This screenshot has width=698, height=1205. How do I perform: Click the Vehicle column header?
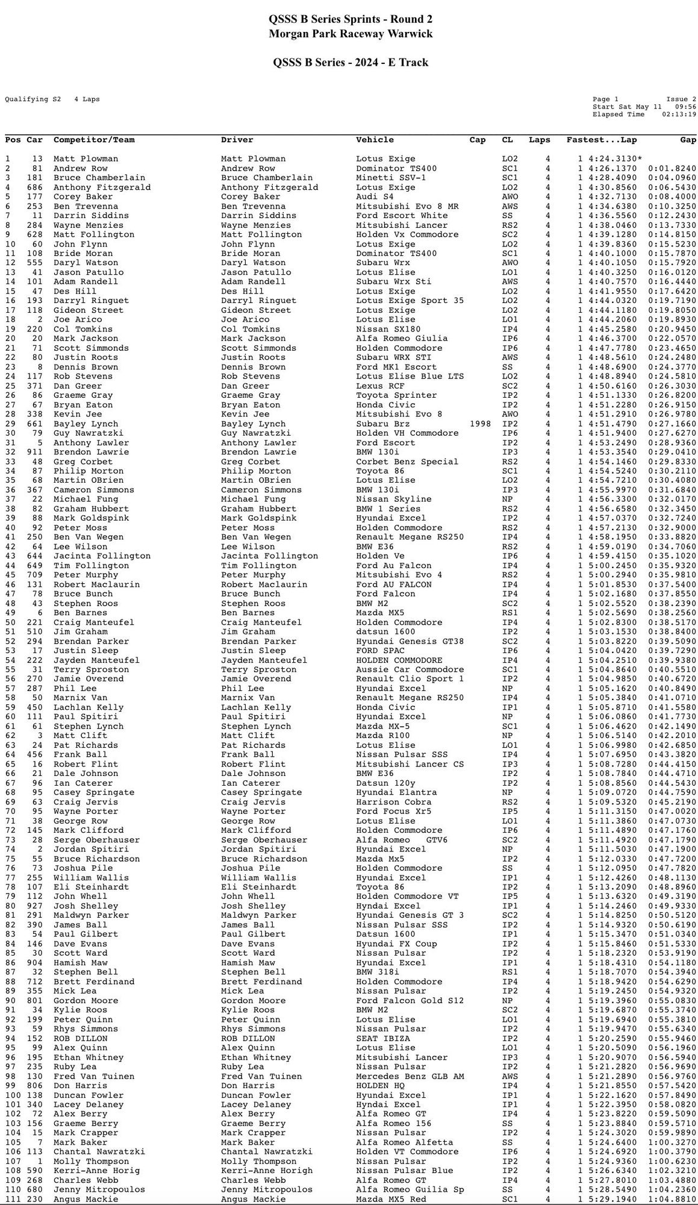coord(375,140)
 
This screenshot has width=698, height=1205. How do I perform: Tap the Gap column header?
coord(688,140)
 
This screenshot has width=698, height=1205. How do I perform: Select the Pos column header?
coord(13,140)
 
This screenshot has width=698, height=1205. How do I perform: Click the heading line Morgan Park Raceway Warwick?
coord(351,34)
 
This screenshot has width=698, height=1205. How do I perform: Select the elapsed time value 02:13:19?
coord(679,114)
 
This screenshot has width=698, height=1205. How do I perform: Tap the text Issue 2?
coord(681,99)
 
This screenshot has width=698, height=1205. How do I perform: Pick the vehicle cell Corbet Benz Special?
coord(407,462)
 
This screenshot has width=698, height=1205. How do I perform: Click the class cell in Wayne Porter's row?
coord(509,811)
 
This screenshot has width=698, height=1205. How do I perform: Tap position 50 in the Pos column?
coord(10,622)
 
